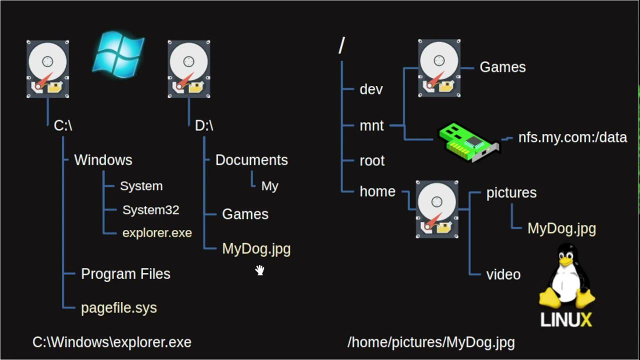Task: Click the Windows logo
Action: click(119, 54)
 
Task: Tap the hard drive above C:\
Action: click(47, 69)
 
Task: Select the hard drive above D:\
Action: click(188, 69)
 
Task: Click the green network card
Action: click(468, 141)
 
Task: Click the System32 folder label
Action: click(150, 210)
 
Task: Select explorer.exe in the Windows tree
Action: click(157, 233)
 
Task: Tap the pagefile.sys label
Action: click(119, 308)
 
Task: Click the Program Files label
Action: click(125, 274)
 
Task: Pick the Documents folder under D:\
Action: click(251, 160)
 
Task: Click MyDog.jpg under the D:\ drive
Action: click(256, 249)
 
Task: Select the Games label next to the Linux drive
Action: click(502, 67)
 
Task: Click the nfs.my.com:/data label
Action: click(572, 137)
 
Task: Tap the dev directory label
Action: click(371, 89)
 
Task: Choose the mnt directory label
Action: click(371, 125)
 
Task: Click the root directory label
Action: click(372, 161)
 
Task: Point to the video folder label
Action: click(503, 274)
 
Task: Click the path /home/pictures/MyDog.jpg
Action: click(431, 342)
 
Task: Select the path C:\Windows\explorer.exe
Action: click(112, 342)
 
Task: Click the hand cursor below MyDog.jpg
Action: click(260, 270)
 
